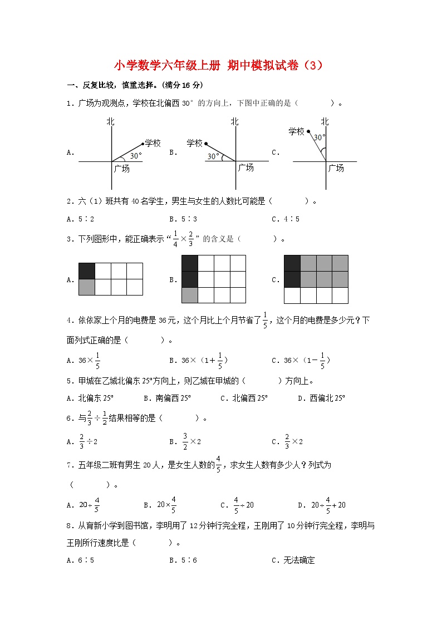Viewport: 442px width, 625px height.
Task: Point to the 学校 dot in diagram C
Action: tap(308, 132)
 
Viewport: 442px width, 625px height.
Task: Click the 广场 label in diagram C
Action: tap(336, 168)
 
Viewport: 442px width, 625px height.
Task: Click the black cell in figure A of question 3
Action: tap(87, 271)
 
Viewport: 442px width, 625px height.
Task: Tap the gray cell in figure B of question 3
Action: tap(190, 295)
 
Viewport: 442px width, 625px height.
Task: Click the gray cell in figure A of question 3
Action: tap(87, 287)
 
